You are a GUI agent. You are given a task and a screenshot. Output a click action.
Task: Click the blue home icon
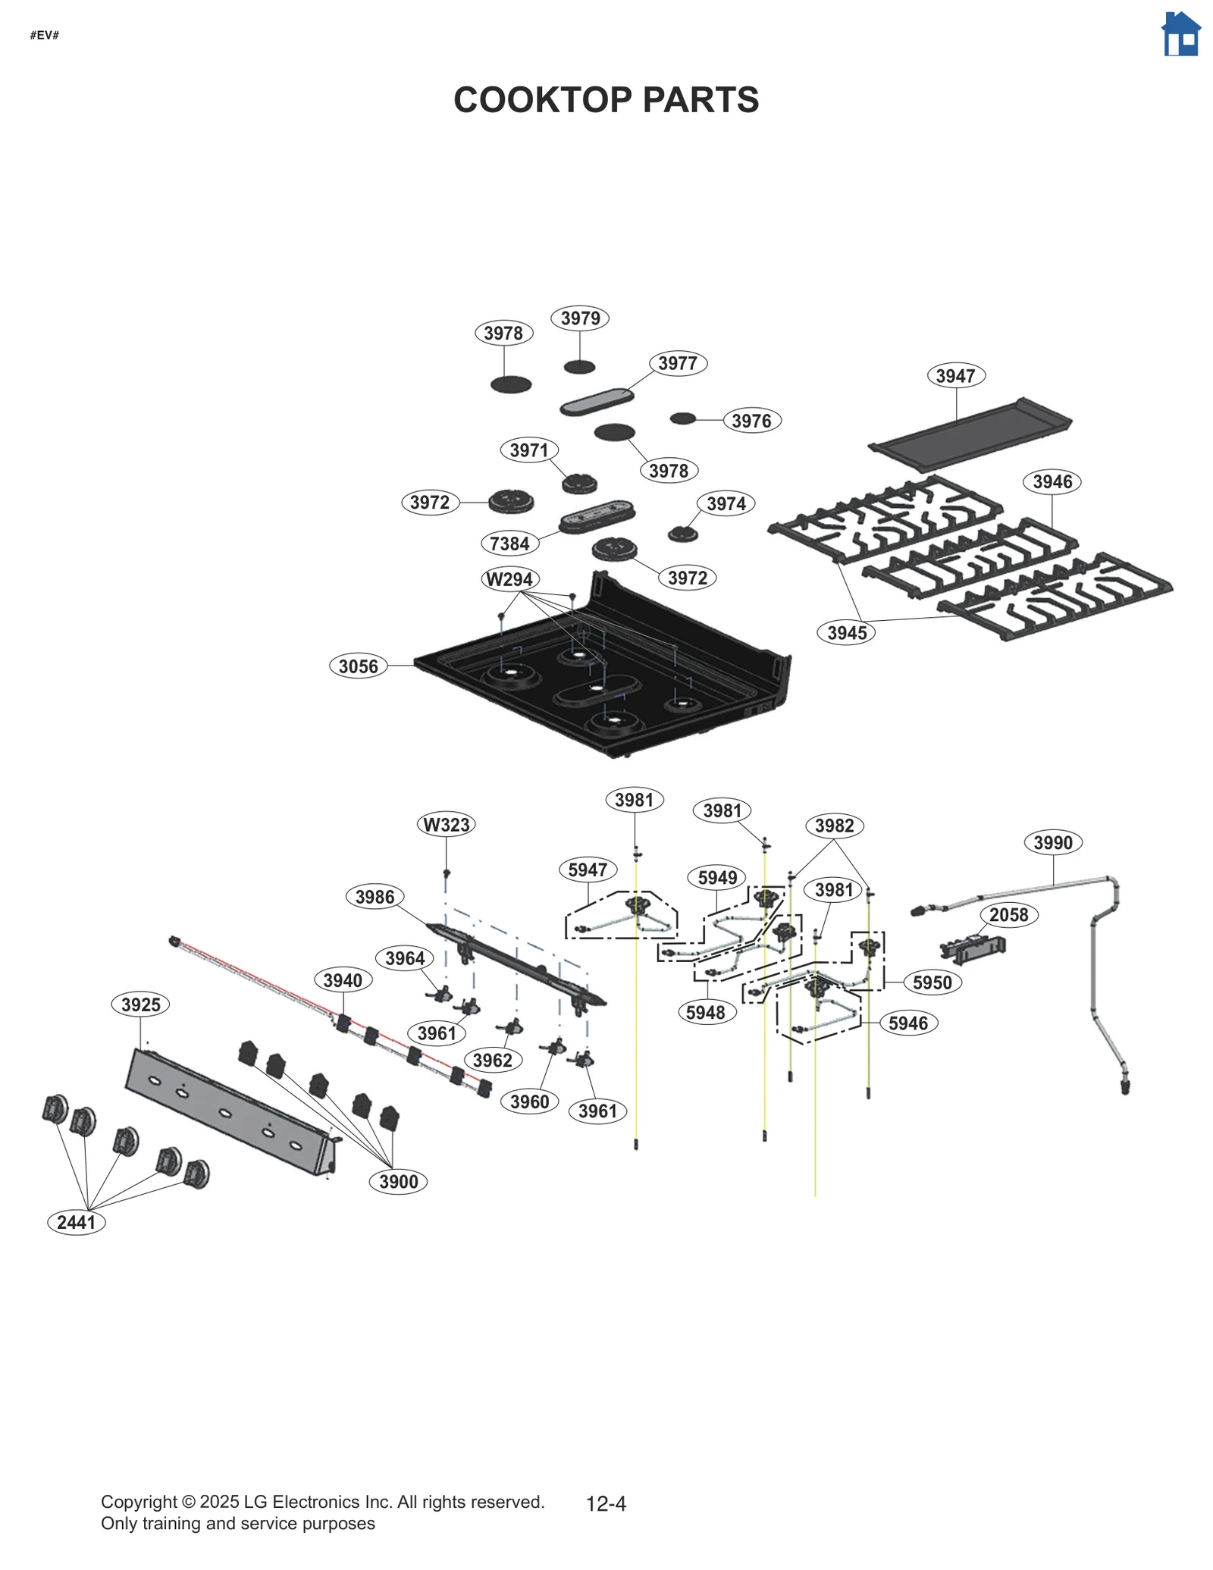(1180, 34)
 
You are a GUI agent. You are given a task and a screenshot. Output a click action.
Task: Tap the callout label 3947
(955, 376)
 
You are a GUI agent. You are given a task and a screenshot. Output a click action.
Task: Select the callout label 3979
(580, 318)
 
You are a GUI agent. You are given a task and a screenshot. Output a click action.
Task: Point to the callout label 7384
(509, 544)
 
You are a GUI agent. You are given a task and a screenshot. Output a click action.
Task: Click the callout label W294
(509, 579)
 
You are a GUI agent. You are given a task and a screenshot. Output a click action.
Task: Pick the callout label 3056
(358, 666)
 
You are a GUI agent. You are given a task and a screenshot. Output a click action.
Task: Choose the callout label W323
(447, 825)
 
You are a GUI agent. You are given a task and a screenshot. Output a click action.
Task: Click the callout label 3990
(1053, 843)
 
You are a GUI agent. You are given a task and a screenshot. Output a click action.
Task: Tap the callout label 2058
(1008, 915)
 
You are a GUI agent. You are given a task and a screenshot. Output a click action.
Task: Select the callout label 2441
(76, 1222)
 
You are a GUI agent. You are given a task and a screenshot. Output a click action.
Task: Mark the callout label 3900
(398, 1182)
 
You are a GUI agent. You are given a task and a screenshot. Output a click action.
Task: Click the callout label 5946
(908, 1023)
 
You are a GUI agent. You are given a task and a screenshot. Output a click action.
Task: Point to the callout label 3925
(141, 1005)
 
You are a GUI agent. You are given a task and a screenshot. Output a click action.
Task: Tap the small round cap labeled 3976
(682, 418)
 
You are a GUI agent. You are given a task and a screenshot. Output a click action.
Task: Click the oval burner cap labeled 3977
(597, 402)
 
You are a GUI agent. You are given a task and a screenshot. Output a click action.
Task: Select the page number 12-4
(606, 1503)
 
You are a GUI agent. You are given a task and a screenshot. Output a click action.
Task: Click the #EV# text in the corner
(45, 36)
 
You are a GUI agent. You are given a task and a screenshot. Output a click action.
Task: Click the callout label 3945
(847, 633)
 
